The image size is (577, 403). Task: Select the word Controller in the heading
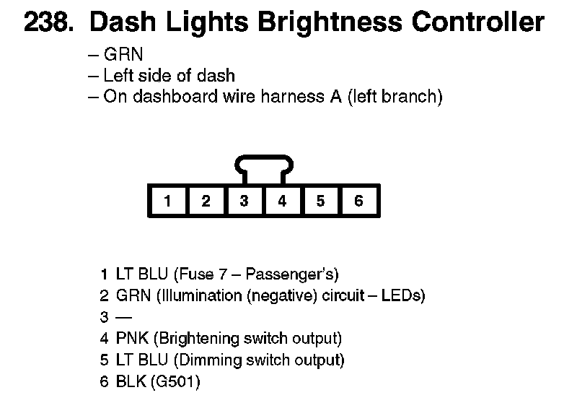(x=477, y=23)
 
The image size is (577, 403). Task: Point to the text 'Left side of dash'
(x=169, y=76)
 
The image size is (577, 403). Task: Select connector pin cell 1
(x=167, y=201)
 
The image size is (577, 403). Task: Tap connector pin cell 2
(x=206, y=201)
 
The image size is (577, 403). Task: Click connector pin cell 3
(x=244, y=201)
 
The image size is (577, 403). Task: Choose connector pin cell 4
(x=282, y=201)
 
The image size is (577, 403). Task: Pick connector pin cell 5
(x=320, y=201)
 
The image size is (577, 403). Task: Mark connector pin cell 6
(x=358, y=201)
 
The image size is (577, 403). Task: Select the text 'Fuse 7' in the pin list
(x=195, y=274)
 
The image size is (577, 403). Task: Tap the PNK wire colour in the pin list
(x=131, y=338)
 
